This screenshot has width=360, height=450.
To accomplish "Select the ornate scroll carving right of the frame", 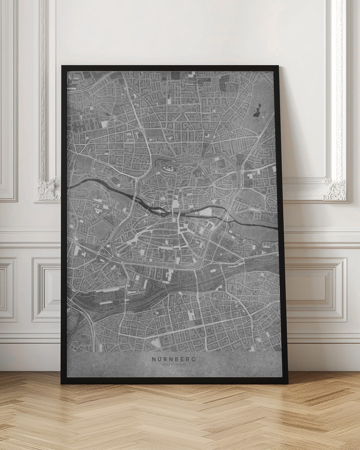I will (x=335, y=189).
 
